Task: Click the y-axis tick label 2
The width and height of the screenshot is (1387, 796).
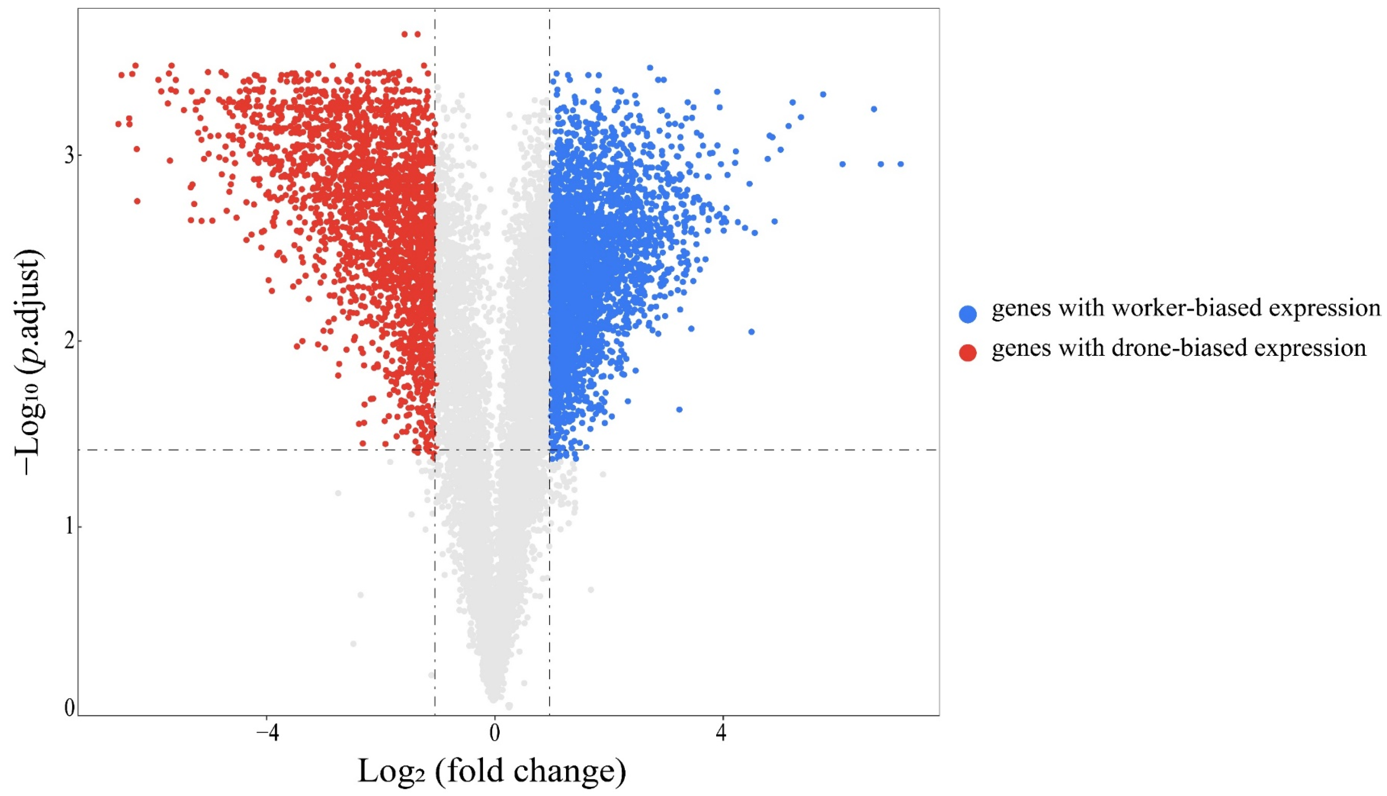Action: (x=70, y=342)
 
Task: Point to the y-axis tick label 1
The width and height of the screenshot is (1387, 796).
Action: (x=70, y=527)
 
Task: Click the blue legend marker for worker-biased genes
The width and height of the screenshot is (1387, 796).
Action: (x=968, y=314)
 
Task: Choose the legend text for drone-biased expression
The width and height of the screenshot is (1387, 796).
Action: (x=1178, y=348)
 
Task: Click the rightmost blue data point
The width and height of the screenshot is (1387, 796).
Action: (x=901, y=164)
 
